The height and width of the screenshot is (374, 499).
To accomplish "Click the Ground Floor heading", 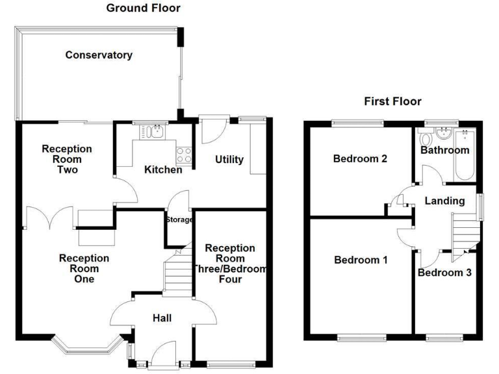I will [x=143, y=8].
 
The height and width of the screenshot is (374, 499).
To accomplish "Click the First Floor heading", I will [x=392, y=101].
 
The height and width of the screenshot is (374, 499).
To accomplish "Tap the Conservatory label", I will [x=99, y=55].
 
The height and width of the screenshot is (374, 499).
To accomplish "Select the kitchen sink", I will [x=154, y=132].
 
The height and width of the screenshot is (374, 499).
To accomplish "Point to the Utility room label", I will [x=229, y=160].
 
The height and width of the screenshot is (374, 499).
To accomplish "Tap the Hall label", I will [x=162, y=318].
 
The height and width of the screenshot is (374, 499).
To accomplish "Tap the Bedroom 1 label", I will [x=361, y=260].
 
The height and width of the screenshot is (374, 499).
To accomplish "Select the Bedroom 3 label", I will [x=444, y=273].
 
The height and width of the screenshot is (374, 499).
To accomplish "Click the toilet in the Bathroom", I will [x=426, y=139].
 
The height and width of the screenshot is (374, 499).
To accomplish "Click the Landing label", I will [x=444, y=201].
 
